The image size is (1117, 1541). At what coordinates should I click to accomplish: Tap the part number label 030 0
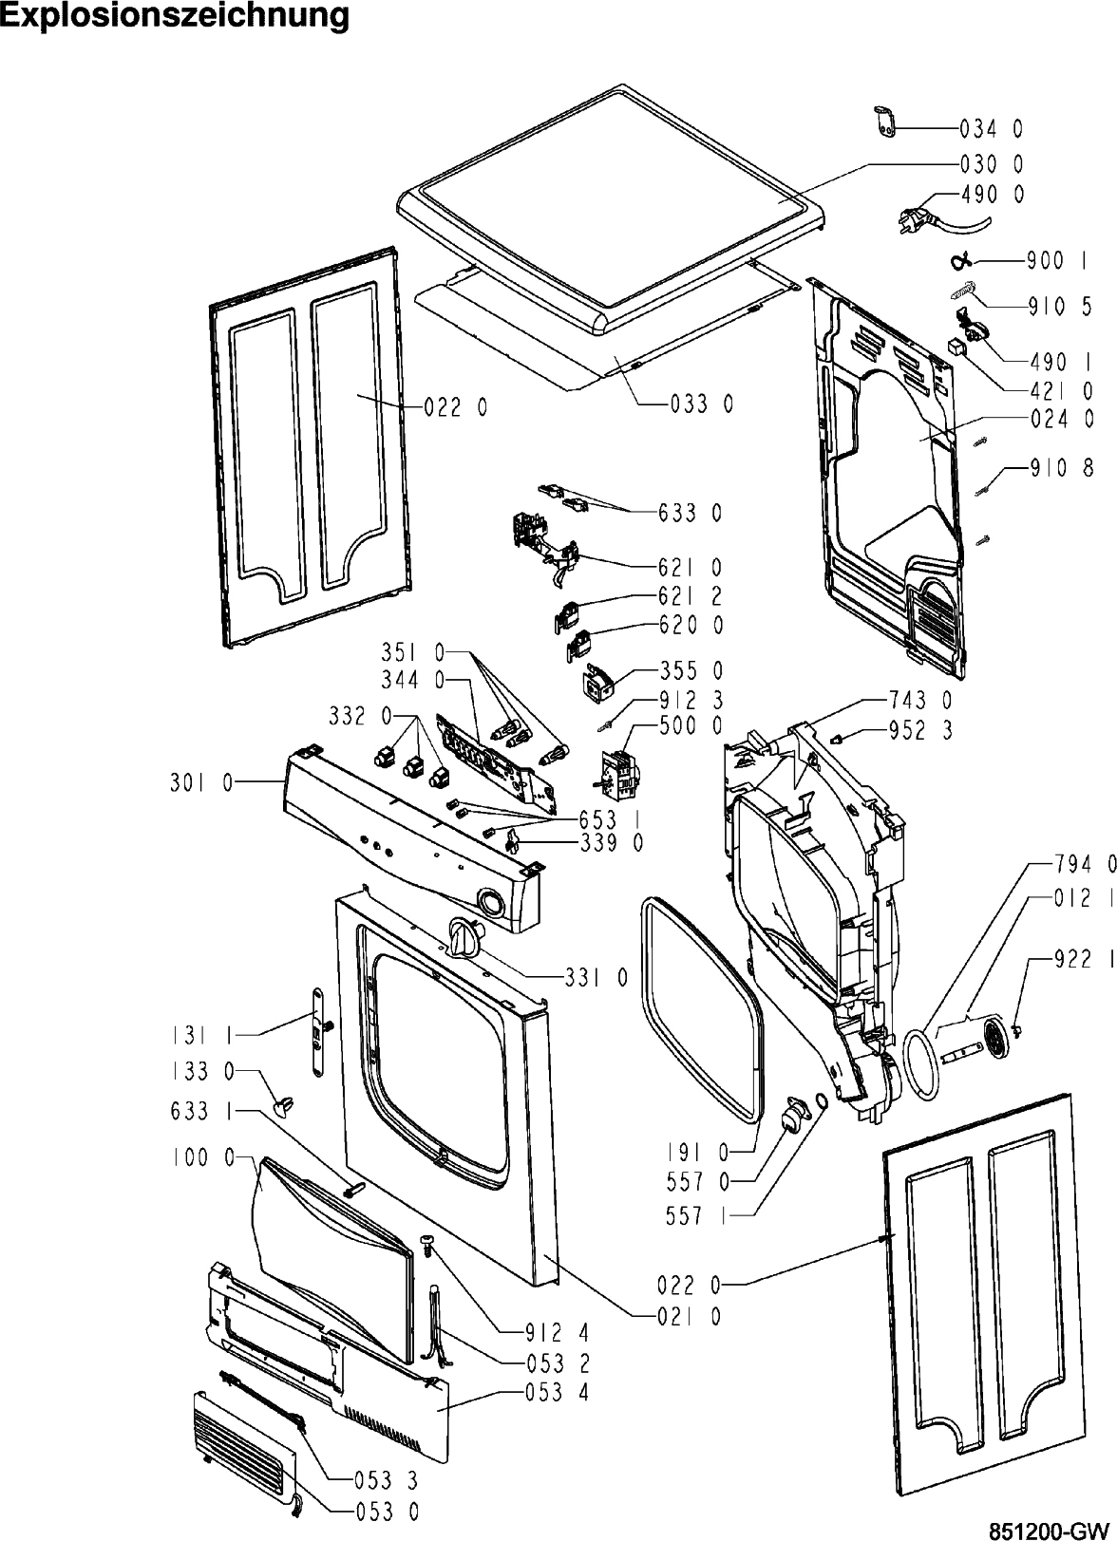[x=991, y=163]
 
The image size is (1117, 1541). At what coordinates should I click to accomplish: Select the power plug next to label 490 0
[x=916, y=221]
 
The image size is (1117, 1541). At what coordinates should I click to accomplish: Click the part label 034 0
[x=991, y=128]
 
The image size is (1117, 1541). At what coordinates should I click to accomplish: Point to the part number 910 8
[x=1061, y=467]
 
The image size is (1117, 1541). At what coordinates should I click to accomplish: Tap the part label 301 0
[x=200, y=784]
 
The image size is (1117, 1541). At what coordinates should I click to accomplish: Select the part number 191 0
[x=697, y=1153]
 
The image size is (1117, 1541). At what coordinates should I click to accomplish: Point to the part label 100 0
[x=203, y=1157]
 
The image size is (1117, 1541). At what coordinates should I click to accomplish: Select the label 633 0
[x=690, y=514]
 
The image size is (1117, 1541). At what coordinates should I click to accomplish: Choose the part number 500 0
[x=691, y=726]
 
